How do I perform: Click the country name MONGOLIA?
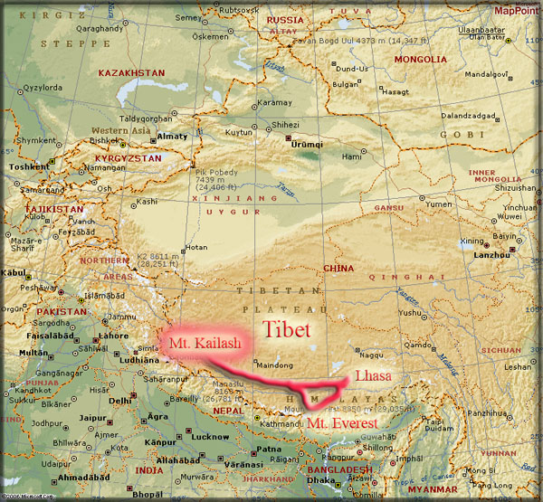point(417,60)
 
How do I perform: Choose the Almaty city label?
point(172,137)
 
